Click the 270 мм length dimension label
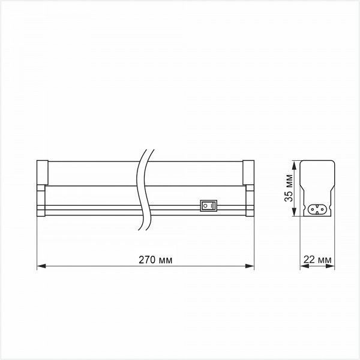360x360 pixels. coord(155,260)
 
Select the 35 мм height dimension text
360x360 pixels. coord(289,188)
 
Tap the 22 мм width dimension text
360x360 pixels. coord(317,260)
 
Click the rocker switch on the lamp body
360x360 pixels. coord(208,206)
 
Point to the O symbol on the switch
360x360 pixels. coord(205,206)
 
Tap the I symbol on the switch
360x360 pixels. coord(212,206)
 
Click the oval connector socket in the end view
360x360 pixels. coord(317,209)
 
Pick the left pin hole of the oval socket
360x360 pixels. coord(313,209)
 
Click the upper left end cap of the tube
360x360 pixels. coord(43,172)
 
